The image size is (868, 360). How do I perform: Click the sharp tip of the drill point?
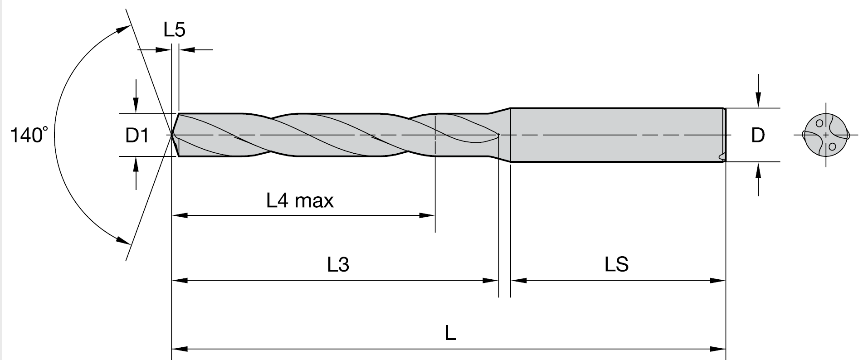(172, 134)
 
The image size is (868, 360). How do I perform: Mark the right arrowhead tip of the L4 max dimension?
(435, 215)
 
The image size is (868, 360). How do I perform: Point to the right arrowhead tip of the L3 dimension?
(498, 281)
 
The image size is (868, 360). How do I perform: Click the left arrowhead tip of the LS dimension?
(511, 281)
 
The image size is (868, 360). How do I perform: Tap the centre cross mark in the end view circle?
(826, 135)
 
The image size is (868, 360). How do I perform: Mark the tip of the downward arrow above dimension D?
(758, 107)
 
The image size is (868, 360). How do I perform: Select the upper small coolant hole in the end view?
(819, 123)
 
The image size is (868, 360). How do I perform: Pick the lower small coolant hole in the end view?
(832, 146)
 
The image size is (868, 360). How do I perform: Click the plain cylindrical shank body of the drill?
(617, 135)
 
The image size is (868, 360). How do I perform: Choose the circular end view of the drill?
(826, 135)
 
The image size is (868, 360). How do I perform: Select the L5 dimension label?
(175, 30)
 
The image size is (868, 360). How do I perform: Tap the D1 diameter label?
(137, 135)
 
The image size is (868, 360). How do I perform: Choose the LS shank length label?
(617, 264)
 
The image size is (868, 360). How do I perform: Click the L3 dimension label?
(338, 264)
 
